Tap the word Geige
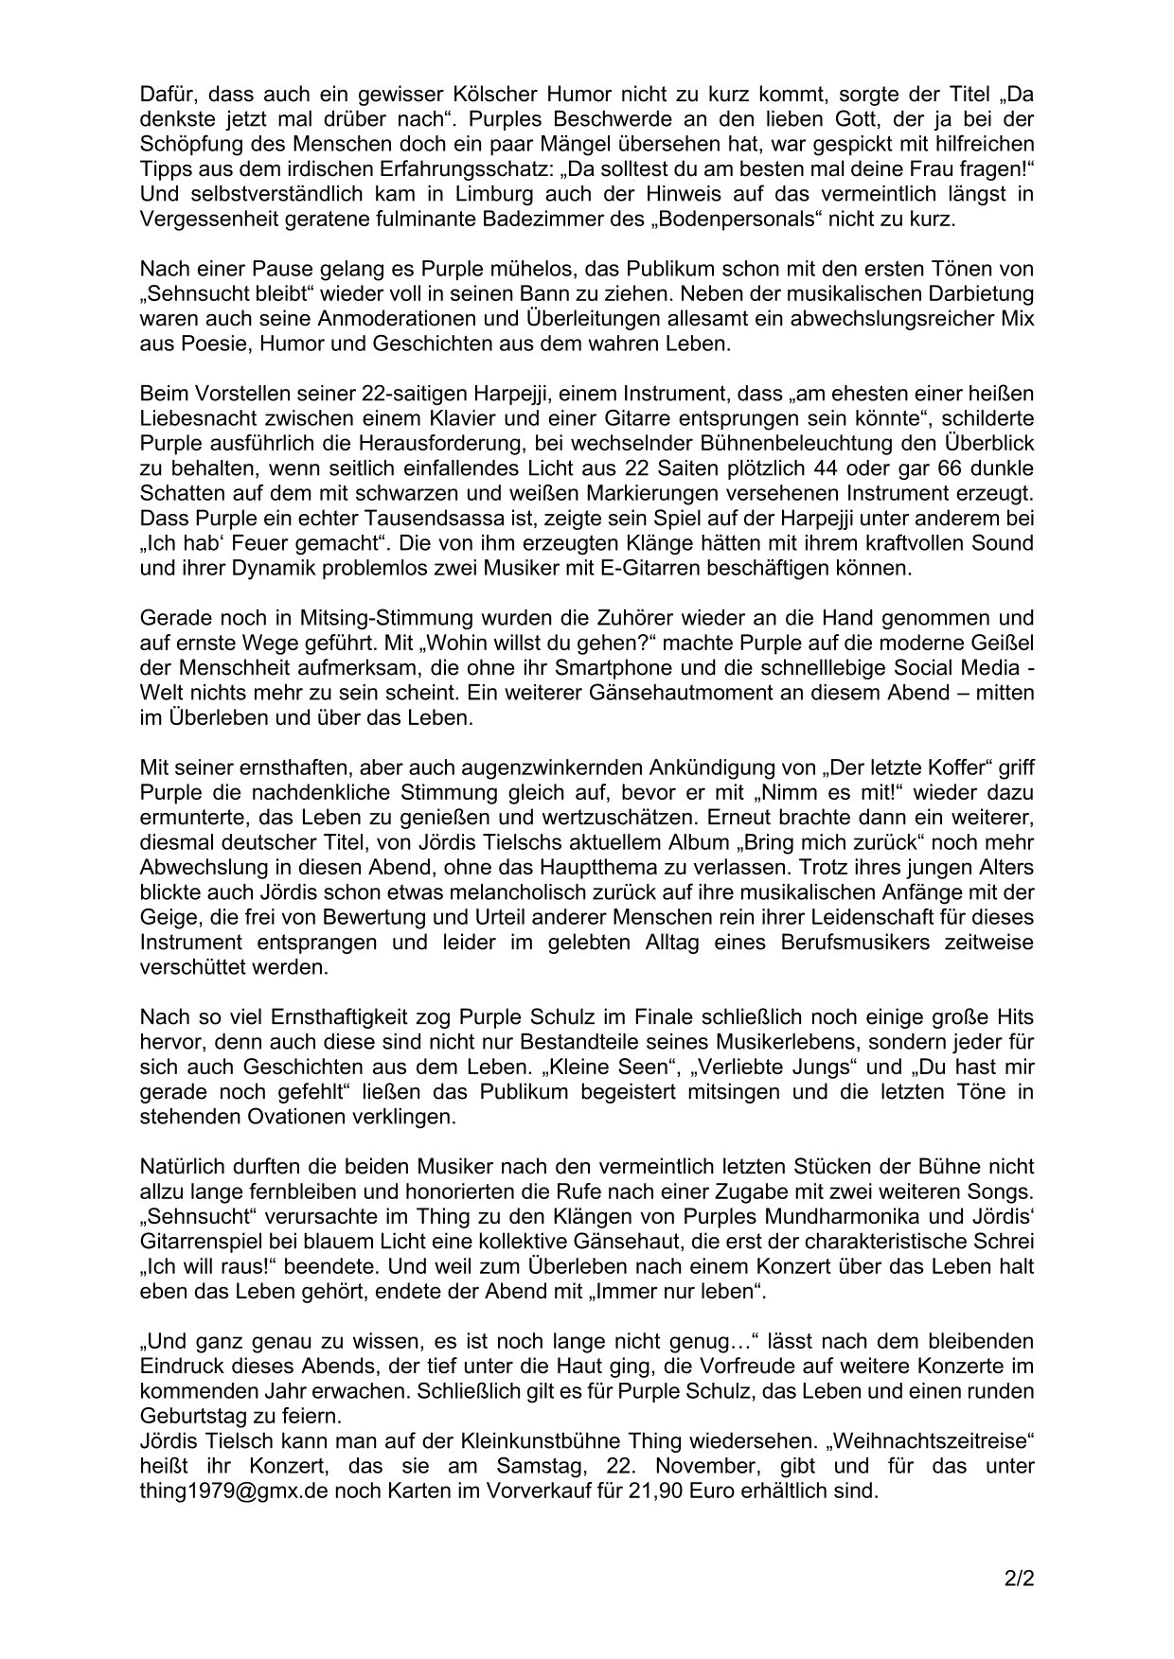tap(164, 917)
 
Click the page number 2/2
tap(1020, 1579)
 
